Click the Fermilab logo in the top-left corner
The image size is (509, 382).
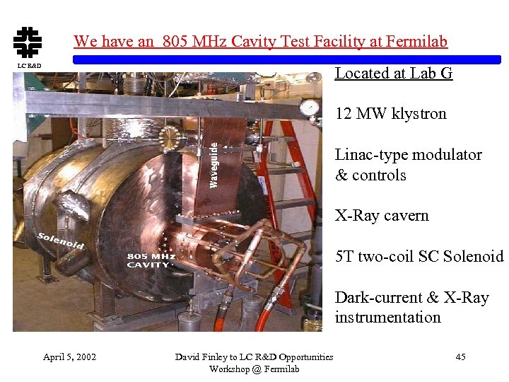(27, 42)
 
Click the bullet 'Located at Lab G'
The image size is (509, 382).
(393, 73)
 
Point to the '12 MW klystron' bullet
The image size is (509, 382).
(390, 114)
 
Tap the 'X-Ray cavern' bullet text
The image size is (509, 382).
(382, 216)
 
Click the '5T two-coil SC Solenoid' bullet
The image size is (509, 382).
(419, 257)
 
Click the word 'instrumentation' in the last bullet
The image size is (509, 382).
(387, 318)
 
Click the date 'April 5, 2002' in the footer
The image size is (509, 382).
(69, 357)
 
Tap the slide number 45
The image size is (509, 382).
(460, 357)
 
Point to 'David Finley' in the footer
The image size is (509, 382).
(199, 357)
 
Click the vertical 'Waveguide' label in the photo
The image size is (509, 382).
(214, 163)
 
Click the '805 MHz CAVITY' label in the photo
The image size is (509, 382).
(151, 260)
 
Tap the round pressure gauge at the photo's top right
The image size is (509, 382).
(309, 108)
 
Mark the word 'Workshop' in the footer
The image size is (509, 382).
(229, 369)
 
